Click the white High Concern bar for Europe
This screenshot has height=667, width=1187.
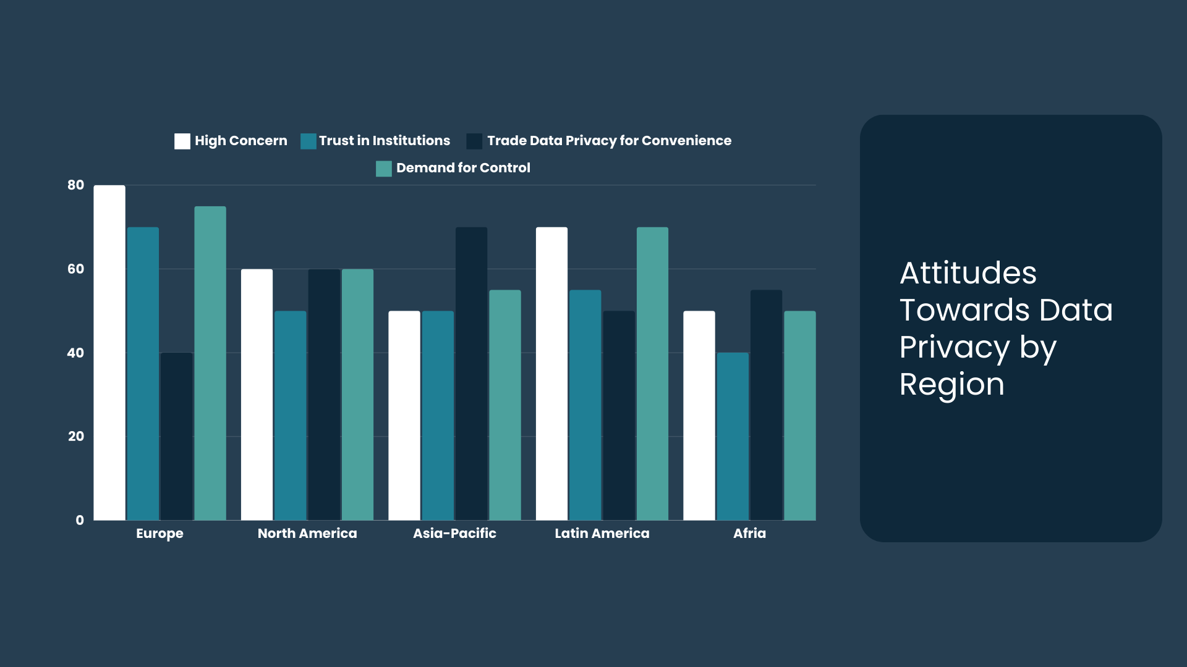click(109, 352)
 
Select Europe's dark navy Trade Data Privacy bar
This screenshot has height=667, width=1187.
click(176, 436)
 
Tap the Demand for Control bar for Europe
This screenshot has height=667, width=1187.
click(210, 363)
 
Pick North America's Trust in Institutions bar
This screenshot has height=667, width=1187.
click(290, 415)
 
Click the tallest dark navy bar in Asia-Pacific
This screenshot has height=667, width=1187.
click(471, 374)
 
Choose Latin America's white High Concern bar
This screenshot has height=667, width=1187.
click(551, 374)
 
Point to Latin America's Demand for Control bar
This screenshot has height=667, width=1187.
click(652, 374)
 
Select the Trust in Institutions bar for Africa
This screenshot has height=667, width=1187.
click(733, 436)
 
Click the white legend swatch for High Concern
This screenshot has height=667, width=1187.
click(182, 141)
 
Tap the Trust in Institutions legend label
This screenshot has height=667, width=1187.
click(385, 141)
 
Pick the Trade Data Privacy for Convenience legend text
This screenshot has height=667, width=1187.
click(609, 141)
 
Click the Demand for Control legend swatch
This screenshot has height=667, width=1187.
click(384, 169)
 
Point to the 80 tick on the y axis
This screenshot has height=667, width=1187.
click(76, 185)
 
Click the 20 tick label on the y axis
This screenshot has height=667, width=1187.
click(76, 437)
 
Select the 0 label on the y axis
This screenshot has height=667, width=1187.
click(80, 520)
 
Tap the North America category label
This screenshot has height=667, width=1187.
click(307, 534)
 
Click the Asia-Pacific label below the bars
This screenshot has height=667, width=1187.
click(454, 534)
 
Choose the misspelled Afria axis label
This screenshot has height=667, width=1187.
click(749, 534)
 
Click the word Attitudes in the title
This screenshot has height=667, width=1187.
click(968, 273)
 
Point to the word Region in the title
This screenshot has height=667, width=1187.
click(951, 384)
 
